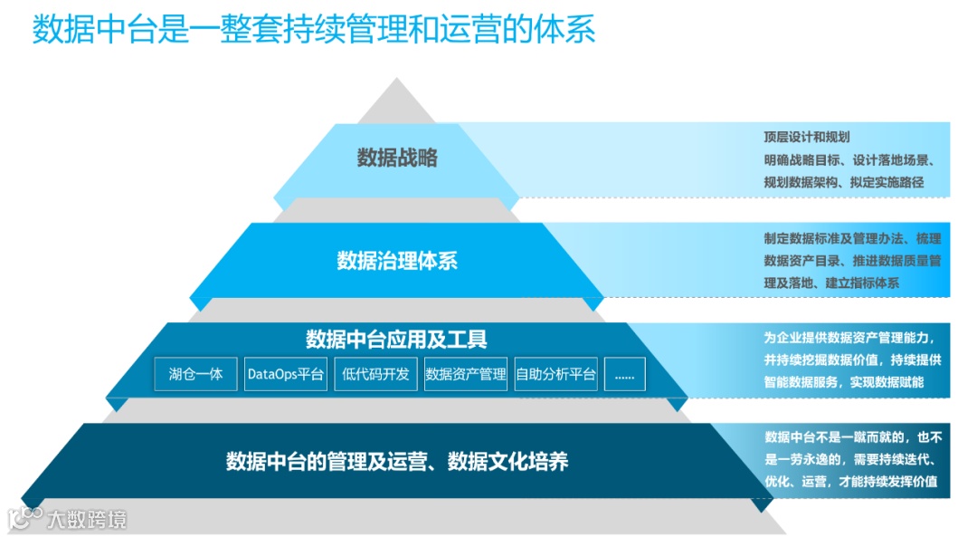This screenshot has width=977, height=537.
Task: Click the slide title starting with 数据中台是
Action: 314,29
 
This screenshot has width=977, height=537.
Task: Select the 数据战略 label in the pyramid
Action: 397,158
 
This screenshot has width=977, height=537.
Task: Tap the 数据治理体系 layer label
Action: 397,262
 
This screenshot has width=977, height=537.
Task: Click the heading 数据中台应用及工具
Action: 396,340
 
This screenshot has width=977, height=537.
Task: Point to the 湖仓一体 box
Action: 195,374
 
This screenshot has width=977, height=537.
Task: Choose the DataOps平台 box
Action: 286,374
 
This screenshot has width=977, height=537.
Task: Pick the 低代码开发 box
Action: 375,374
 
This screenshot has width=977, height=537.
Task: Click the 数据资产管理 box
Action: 466,374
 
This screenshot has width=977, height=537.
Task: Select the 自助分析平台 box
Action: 556,374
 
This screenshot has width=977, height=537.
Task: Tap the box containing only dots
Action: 624,374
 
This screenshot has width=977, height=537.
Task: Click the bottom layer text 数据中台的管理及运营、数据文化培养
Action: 397,462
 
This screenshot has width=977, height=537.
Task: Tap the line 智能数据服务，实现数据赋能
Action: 843,382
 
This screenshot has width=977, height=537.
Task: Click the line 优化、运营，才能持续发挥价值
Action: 850,481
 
